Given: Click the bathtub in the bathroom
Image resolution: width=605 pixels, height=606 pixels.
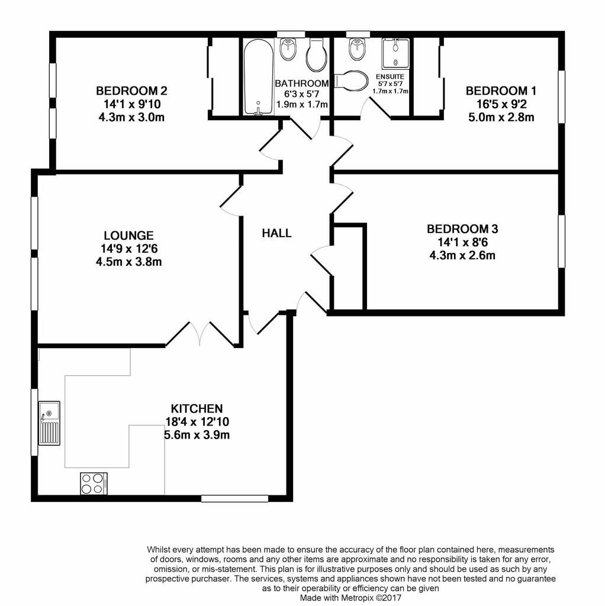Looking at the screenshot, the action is (259, 77).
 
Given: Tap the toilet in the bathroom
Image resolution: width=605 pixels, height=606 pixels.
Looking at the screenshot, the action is (317, 55).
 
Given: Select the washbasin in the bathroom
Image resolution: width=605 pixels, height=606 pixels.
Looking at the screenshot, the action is (288, 50).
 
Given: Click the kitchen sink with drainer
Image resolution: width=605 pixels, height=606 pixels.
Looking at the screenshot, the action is (49, 423).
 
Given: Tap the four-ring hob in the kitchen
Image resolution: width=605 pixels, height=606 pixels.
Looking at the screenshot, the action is (94, 483).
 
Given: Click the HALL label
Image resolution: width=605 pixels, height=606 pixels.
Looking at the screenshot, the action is (276, 233).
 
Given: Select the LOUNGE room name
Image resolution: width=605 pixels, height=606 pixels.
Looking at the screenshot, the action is (128, 236).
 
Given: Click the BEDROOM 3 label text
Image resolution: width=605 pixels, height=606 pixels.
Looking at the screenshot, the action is (462, 229).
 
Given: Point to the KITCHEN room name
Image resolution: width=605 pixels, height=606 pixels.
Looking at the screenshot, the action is (197, 408).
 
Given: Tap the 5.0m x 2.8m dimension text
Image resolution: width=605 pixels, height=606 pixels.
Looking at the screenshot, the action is (501, 117).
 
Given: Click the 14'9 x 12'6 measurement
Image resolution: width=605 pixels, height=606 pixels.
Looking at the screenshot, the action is (129, 249).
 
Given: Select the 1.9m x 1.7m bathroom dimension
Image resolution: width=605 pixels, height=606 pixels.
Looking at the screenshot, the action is (302, 104).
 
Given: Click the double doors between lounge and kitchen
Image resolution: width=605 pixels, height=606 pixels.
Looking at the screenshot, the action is (200, 334).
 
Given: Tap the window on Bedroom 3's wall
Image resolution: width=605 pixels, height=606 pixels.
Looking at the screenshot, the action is (561, 241).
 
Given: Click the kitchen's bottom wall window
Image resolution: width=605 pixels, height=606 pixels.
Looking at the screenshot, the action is (234, 498).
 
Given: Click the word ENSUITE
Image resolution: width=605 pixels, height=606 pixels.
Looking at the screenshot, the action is (390, 76).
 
